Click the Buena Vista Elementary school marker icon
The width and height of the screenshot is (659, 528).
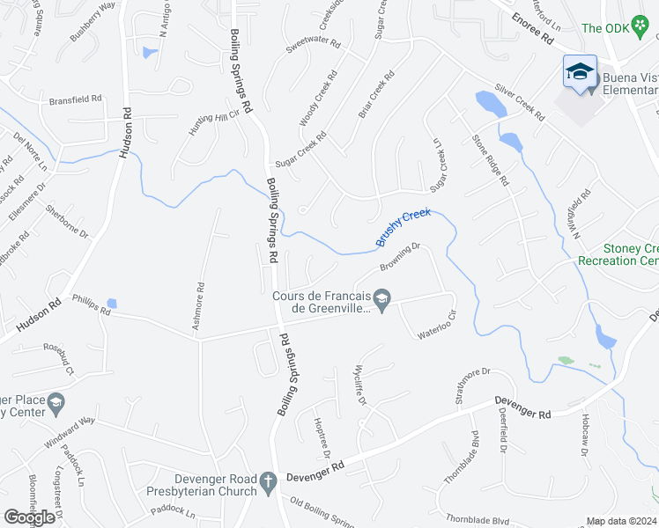(580, 72)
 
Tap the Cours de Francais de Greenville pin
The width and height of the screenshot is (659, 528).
(381, 301)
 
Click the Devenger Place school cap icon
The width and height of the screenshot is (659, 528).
(56, 404)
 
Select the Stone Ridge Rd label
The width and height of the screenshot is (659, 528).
(491, 159)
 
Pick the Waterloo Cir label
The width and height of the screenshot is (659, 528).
(438, 329)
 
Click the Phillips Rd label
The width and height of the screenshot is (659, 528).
(92, 305)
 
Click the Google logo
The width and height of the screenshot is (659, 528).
(29, 517)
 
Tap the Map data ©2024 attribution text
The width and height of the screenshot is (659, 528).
(622, 521)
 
